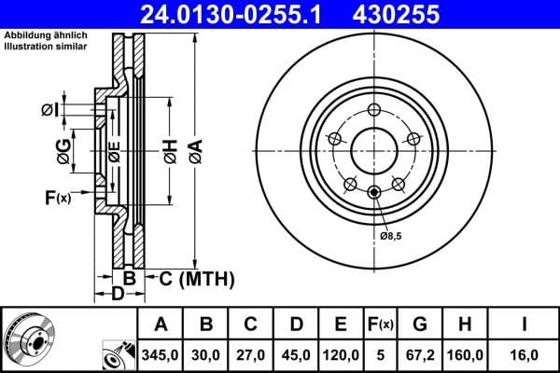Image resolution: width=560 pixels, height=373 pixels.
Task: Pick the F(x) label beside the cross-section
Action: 57,197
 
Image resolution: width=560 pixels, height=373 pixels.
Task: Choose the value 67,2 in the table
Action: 419,355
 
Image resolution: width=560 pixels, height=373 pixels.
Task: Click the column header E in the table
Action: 341,325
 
